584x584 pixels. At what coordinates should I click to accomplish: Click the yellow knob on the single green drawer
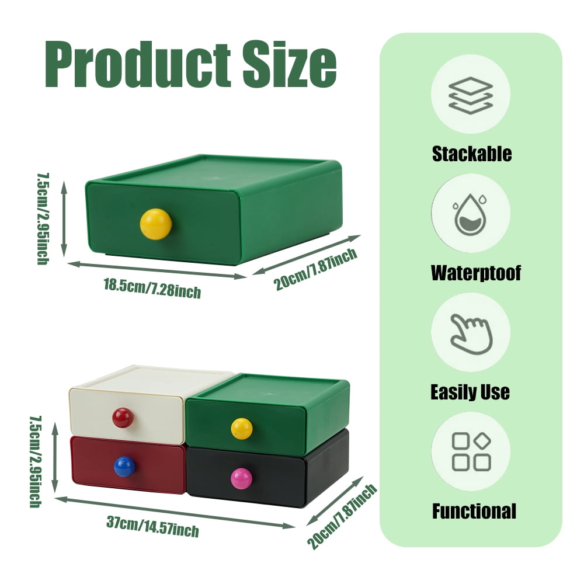pos(156,224)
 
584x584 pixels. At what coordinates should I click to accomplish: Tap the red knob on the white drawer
pos(123,418)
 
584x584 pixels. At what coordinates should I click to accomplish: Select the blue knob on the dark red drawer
pos(124,466)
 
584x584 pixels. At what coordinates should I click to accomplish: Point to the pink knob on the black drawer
pos(241,478)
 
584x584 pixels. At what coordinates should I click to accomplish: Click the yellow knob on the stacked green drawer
pos(242,428)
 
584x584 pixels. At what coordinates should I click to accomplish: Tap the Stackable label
pos(472,154)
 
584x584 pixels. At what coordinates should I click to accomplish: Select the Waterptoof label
pos(475,273)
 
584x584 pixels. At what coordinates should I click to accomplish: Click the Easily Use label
pos(470,392)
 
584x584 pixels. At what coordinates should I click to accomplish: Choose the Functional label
pos(474,511)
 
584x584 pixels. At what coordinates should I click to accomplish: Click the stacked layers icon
pos(471,95)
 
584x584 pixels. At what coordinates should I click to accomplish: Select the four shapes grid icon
pos(471,451)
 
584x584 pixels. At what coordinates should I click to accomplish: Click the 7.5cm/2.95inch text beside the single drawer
pos(43,218)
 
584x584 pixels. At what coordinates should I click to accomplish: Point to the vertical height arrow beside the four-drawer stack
pos(55,458)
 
